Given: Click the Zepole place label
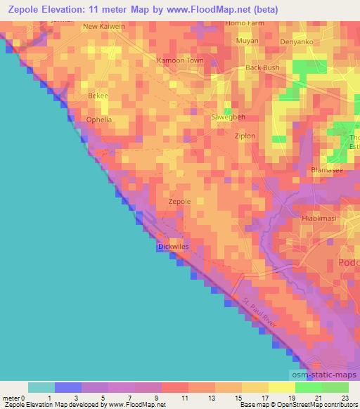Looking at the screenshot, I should (180, 202).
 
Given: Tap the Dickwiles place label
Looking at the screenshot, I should (173, 247).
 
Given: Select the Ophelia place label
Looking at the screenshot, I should (99, 119).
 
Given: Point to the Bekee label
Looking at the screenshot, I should (97, 95).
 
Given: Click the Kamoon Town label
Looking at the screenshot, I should (179, 61).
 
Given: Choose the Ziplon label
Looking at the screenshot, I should (245, 136).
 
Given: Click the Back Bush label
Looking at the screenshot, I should (262, 68).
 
